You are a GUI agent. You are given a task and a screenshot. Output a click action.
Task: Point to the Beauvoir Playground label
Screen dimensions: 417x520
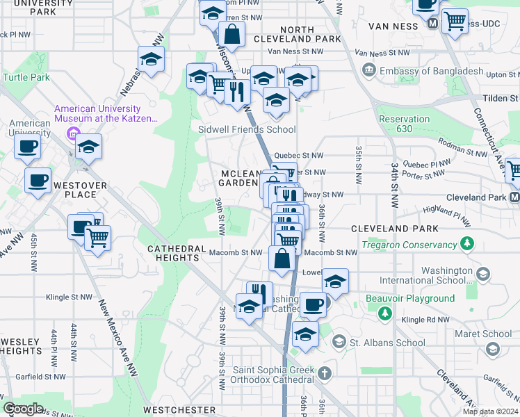(x=411, y=299)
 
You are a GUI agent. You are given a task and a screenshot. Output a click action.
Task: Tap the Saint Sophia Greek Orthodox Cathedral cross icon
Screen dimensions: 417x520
(x=324, y=375)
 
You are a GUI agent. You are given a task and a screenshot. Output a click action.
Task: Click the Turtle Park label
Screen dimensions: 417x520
(x=26, y=77)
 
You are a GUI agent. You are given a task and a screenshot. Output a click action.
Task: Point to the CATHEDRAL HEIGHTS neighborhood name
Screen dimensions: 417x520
(x=174, y=253)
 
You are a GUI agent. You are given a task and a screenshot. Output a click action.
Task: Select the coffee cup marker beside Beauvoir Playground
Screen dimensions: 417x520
(x=313, y=303)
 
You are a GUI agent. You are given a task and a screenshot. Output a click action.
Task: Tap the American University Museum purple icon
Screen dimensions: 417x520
(x=70, y=132)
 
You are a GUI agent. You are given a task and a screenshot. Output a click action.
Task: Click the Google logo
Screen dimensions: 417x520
(x=24, y=408)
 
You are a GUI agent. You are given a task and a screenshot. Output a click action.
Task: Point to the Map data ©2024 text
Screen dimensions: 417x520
(x=490, y=411)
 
